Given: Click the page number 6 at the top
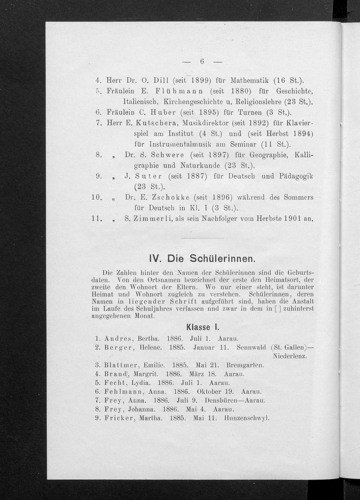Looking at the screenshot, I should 202,62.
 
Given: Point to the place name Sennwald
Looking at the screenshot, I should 251,348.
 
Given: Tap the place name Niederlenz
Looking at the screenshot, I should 290,356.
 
